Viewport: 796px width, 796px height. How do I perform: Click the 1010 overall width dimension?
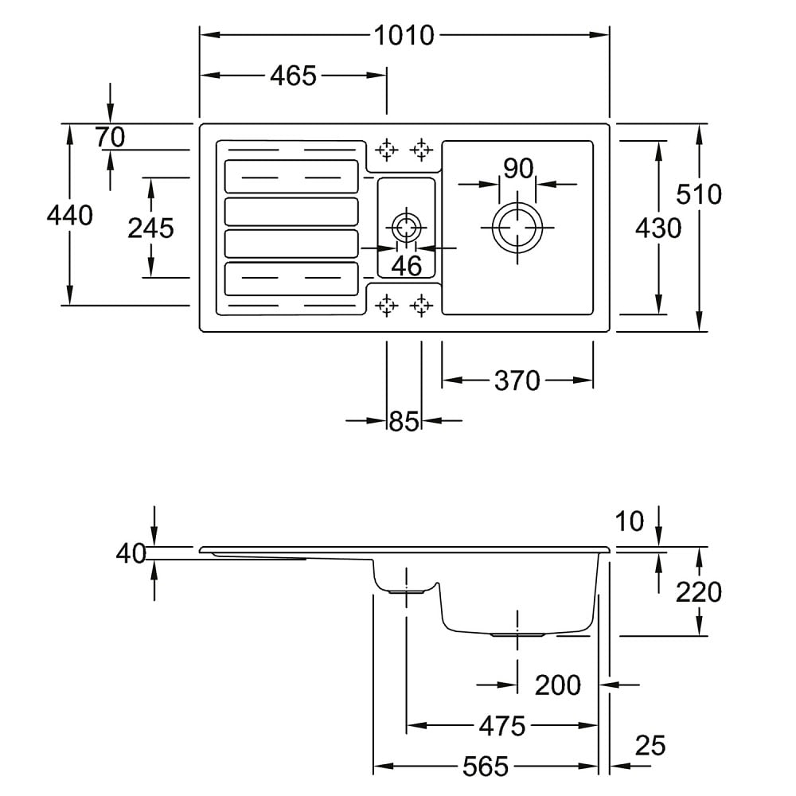click(x=404, y=35)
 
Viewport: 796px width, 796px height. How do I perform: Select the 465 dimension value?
click(x=293, y=76)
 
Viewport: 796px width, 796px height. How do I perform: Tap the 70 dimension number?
click(x=111, y=138)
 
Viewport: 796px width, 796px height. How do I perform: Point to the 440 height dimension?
click(x=70, y=215)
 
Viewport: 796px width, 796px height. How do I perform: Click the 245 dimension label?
click(x=150, y=228)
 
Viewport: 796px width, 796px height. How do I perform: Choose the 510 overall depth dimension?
click(x=699, y=194)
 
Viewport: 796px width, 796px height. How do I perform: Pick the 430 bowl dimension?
click(x=658, y=228)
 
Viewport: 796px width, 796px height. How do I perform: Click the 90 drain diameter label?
click(x=517, y=169)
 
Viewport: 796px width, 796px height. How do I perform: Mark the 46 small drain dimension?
click(x=407, y=266)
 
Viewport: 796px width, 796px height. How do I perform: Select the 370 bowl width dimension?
click(x=517, y=381)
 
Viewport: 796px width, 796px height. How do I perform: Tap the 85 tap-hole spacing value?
click(x=404, y=421)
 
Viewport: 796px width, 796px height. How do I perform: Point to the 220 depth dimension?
click(x=699, y=592)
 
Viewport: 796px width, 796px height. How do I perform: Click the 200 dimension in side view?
click(x=557, y=685)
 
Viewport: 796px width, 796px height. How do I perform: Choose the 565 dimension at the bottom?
click(x=485, y=767)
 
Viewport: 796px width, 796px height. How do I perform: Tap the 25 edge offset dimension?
click(x=650, y=746)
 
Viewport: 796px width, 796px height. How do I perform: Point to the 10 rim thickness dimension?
click(x=630, y=522)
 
